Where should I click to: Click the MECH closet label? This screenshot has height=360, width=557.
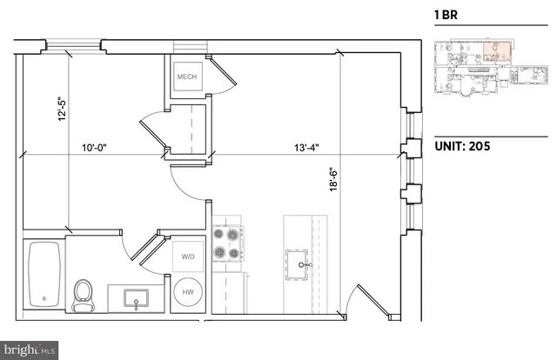(x=187, y=77)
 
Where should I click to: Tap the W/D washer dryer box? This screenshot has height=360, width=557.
(x=188, y=257)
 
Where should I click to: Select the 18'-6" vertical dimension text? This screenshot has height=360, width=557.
(x=335, y=184)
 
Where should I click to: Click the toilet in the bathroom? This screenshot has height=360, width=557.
(x=84, y=294)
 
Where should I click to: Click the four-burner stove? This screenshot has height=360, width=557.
(x=226, y=243)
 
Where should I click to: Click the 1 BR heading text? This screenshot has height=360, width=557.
(x=447, y=15)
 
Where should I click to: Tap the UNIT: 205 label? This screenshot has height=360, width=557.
(x=461, y=146)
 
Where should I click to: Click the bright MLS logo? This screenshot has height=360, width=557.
(x=30, y=349)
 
